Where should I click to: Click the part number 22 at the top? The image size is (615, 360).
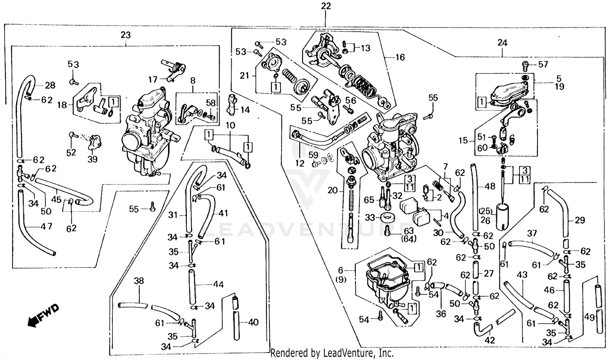click(x=326, y=6)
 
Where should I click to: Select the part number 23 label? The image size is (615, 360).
click(x=125, y=35)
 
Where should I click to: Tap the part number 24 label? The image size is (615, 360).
click(x=502, y=43)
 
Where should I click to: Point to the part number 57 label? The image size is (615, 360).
click(x=543, y=64)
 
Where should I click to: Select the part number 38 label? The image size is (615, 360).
click(x=139, y=281)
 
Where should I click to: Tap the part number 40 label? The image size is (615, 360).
click(x=253, y=322)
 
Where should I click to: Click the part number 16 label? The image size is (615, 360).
click(x=400, y=57)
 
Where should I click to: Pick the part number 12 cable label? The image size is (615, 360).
click(x=300, y=163)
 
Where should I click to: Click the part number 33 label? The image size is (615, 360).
click(x=370, y=217)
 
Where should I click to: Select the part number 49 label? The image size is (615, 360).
click(x=589, y=317)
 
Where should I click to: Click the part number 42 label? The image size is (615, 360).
click(x=490, y=340)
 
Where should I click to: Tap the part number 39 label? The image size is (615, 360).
click(x=93, y=159)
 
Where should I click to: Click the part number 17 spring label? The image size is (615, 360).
click(x=153, y=80)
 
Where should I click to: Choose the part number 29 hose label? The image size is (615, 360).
click(x=580, y=220)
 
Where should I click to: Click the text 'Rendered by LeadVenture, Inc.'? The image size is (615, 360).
click(x=332, y=353)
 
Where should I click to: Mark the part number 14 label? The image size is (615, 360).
click(x=245, y=110)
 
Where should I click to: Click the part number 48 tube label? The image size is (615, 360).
click(x=490, y=187)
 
